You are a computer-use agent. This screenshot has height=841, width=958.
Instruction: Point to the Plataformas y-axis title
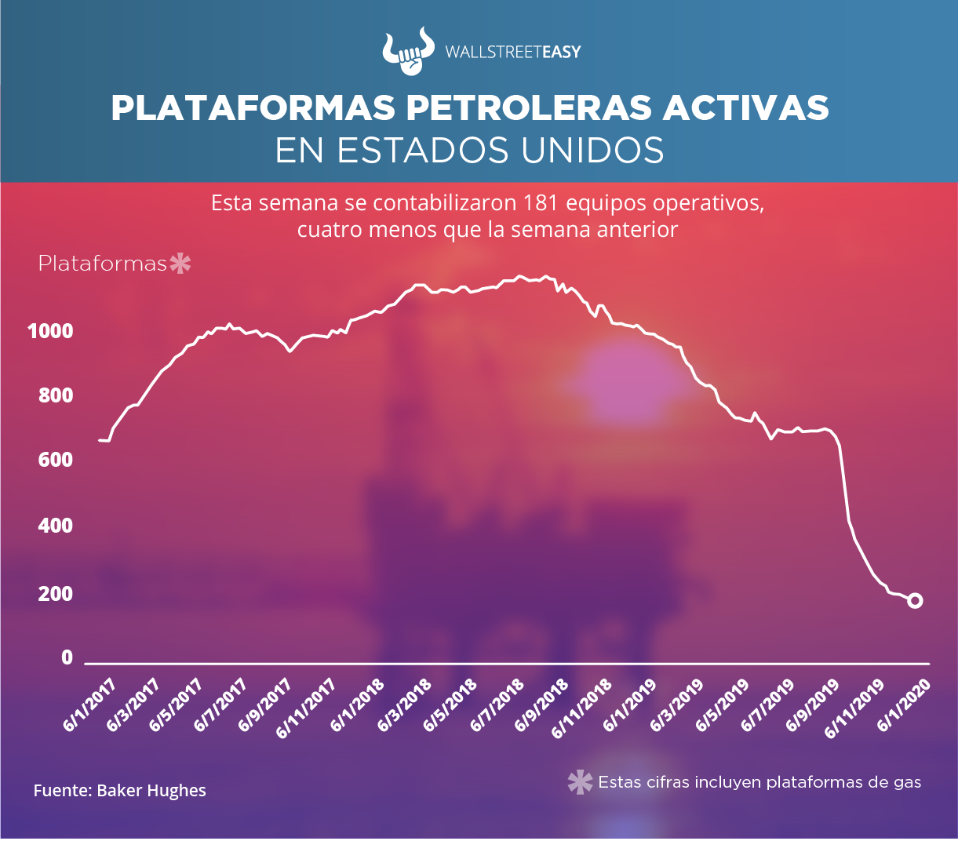102,264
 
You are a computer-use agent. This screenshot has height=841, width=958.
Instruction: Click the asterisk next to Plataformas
180,264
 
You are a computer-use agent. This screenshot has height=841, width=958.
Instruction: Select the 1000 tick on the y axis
50,331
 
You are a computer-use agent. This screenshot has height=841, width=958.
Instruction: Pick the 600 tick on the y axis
55,460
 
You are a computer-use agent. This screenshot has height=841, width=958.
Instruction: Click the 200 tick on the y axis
55,594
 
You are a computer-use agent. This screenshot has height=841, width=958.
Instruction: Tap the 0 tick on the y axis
67,657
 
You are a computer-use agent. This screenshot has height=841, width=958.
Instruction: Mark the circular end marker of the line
915,600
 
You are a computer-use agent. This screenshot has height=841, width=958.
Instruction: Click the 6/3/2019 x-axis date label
676,705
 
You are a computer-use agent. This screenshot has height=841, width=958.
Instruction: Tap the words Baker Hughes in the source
151,790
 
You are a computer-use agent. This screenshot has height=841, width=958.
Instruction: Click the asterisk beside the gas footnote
580,782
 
